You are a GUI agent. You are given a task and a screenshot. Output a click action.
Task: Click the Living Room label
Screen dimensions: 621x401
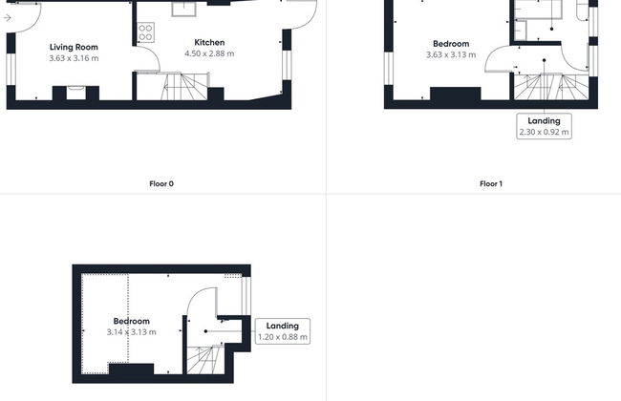(74, 47)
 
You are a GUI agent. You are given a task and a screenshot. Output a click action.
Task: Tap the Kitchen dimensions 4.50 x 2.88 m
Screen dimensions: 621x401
(209, 53)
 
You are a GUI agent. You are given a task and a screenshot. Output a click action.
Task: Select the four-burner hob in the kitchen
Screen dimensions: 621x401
(146, 32)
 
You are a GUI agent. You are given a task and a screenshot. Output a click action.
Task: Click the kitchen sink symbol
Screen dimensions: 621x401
(183, 9)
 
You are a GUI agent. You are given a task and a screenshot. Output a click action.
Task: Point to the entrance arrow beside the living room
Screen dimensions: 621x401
(7, 18)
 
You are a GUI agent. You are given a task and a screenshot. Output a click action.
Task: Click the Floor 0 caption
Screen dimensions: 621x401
(161, 183)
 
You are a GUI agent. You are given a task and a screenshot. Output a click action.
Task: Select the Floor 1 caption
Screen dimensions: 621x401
(491, 183)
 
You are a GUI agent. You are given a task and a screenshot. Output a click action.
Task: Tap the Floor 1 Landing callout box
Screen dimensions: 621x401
(544, 126)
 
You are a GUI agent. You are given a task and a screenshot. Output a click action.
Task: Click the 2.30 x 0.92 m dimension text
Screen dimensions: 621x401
(544, 132)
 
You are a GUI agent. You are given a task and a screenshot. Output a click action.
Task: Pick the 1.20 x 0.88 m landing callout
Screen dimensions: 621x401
(283, 331)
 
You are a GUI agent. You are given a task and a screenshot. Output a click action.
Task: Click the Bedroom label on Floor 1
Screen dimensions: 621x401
(451, 44)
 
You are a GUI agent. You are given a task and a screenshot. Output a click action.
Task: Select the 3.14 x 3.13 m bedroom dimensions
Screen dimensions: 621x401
(132, 332)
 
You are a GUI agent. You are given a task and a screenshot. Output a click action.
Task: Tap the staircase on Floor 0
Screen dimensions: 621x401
(184, 86)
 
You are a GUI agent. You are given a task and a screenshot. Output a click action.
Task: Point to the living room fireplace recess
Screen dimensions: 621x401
(75, 93)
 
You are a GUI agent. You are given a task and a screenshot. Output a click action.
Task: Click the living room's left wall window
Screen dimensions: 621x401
(11, 70)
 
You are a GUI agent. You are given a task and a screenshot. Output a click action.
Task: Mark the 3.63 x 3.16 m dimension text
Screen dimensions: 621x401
(74, 58)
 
